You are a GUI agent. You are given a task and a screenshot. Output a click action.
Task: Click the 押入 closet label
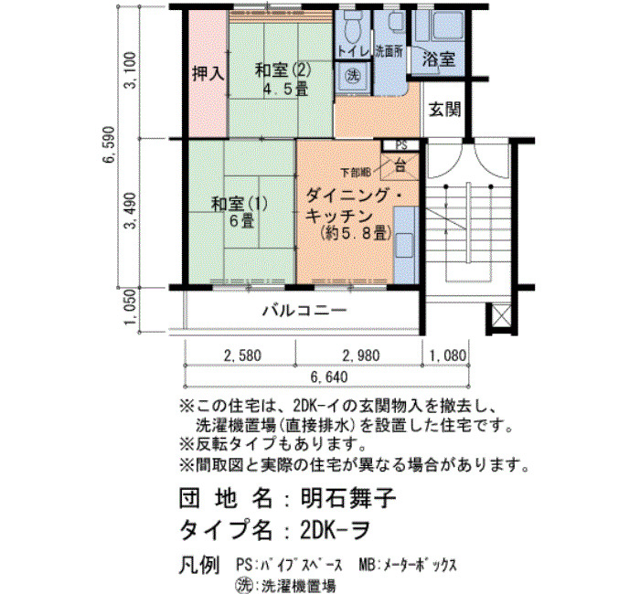pyautogui.click(x=208, y=74)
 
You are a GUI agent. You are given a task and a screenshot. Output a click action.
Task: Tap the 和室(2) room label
pyautogui.click(x=283, y=70)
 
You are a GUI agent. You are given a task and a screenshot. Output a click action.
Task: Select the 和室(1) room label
pyautogui.click(x=240, y=204)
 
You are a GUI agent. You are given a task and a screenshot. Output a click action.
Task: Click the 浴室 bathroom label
pyautogui.click(x=439, y=59)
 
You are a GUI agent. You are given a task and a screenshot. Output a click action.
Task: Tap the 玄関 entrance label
pyautogui.click(x=445, y=109)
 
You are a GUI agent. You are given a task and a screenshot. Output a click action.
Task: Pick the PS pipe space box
pyautogui.click(x=401, y=145)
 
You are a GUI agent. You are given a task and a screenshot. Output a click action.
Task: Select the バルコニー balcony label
pyautogui.click(x=304, y=311)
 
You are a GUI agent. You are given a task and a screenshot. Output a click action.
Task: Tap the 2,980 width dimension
pyautogui.click(x=361, y=355)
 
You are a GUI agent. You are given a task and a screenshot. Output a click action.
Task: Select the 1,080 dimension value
pyautogui.click(x=447, y=355)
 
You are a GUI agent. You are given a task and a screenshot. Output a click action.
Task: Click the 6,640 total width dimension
pyautogui.click(x=329, y=377)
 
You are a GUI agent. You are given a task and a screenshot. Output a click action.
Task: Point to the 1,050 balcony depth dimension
pyautogui.click(x=131, y=308)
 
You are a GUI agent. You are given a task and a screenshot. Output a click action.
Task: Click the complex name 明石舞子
pyautogui.click(x=348, y=498)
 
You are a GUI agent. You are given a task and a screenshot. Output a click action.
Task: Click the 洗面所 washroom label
pyautogui.click(x=389, y=52)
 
